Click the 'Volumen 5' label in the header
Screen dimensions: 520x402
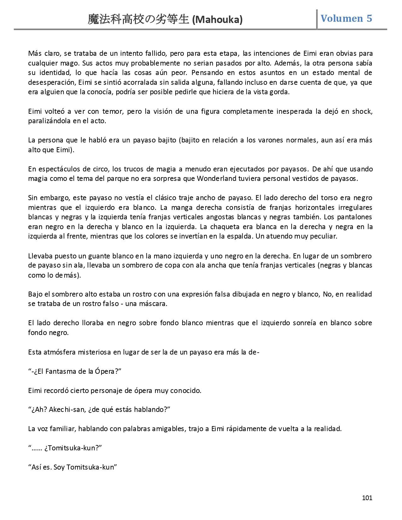pos(346,18)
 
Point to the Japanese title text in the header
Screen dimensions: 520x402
pos(139,20)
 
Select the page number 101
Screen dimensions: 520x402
pos(367,498)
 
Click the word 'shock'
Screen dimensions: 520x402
pos(362,111)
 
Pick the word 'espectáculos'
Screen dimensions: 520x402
pos(55,169)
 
